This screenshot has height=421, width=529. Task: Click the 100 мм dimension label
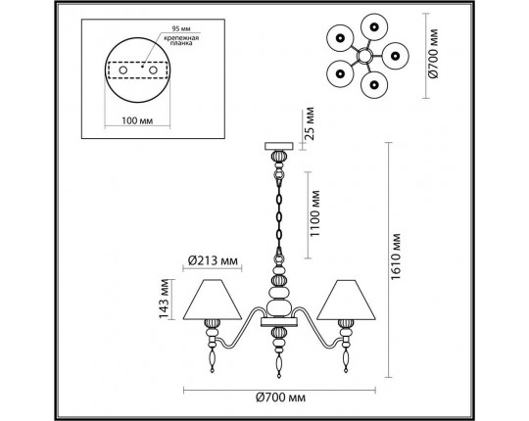(137, 120)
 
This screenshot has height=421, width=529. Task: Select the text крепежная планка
(181, 40)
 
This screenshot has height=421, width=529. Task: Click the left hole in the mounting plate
(123, 70)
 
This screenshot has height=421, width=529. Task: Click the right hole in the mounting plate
(153, 70)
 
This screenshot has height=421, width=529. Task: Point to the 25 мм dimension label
(309, 123)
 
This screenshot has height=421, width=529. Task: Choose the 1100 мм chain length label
(314, 213)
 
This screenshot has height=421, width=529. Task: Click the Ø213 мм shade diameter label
(213, 260)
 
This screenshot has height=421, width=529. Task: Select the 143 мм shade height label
(164, 299)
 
